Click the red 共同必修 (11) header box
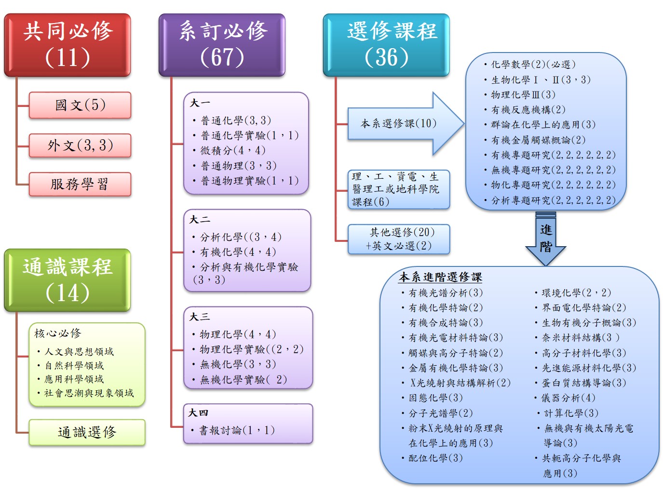click(68, 45)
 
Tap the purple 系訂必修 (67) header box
click(222, 45)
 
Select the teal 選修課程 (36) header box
click(386, 45)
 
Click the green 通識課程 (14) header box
click(68, 280)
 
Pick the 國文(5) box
click(80, 105)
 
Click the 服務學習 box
click(80, 184)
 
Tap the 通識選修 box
click(87, 432)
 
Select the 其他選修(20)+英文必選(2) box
click(399, 239)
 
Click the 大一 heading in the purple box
click(200, 103)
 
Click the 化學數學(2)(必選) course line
click(533, 65)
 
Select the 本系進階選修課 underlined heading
click(440, 277)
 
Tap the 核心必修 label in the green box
click(58, 333)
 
